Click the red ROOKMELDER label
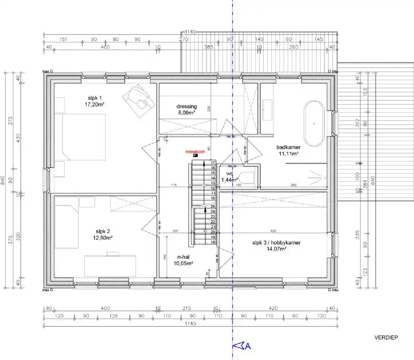[196, 152]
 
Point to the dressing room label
[186, 107]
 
